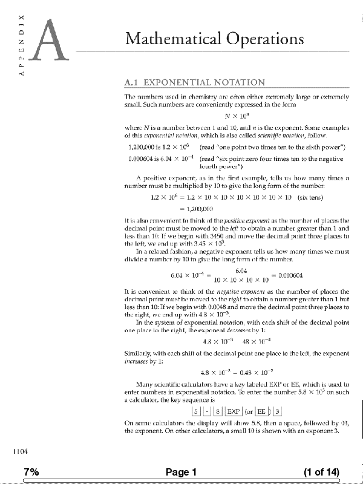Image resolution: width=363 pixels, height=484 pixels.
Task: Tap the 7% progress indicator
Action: tap(31, 472)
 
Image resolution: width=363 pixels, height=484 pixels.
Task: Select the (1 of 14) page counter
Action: tap(321, 472)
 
